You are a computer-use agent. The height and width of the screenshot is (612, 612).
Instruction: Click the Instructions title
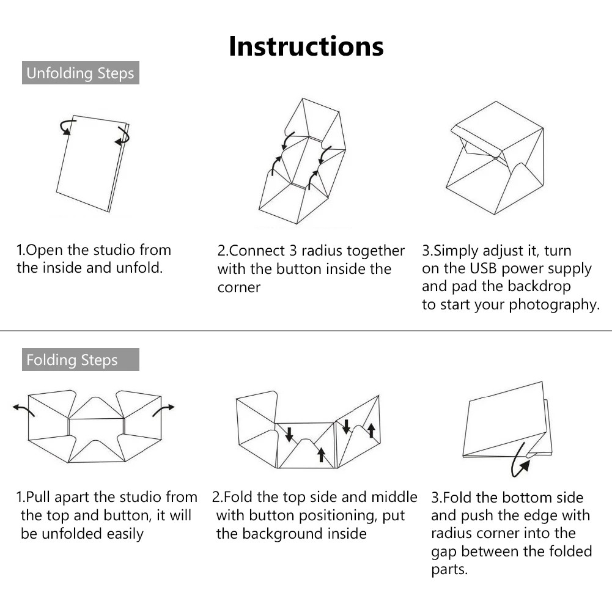click(306, 46)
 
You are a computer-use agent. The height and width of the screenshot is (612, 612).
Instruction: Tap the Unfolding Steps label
click(81, 73)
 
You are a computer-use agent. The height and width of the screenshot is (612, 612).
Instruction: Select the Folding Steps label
click(81, 359)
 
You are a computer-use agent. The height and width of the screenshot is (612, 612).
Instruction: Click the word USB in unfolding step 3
click(483, 268)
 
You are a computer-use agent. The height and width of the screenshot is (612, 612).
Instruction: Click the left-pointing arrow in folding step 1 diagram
click(23, 410)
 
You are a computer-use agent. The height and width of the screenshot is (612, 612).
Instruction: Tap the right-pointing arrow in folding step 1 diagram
click(163, 410)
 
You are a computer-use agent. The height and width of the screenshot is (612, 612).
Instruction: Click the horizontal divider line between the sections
click(306, 331)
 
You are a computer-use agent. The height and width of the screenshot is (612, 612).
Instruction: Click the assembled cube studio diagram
click(495, 158)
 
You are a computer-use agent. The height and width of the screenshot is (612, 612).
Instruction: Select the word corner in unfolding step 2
click(239, 288)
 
